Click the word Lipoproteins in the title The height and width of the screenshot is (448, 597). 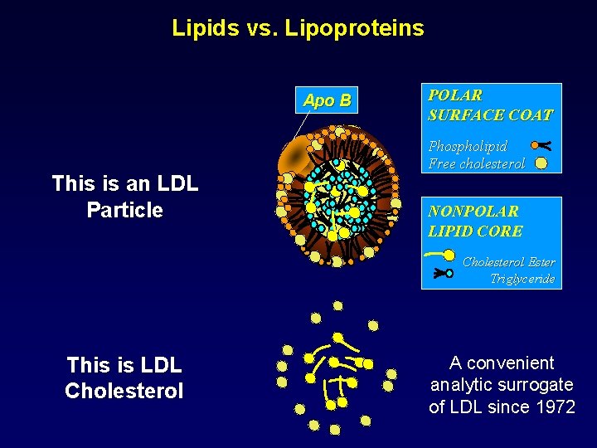point(354,28)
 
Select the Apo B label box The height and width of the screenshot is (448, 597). point(327,100)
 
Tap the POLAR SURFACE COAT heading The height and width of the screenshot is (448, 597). point(490,105)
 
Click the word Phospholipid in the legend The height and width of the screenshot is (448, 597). point(468,146)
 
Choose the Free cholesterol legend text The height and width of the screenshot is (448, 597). point(476,163)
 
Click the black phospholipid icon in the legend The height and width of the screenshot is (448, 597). point(541,143)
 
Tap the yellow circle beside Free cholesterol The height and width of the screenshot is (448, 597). point(541,163)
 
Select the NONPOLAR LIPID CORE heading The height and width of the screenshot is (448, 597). point(475,222)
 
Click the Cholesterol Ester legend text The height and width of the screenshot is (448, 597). point(508,262)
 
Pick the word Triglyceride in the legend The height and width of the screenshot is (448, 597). point(522,279)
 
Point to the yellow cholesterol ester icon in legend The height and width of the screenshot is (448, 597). point(440,255)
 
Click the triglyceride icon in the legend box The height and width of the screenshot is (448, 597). point(442,271)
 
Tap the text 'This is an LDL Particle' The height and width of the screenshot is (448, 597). point(124,197)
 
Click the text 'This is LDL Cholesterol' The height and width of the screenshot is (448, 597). point(124,377)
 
